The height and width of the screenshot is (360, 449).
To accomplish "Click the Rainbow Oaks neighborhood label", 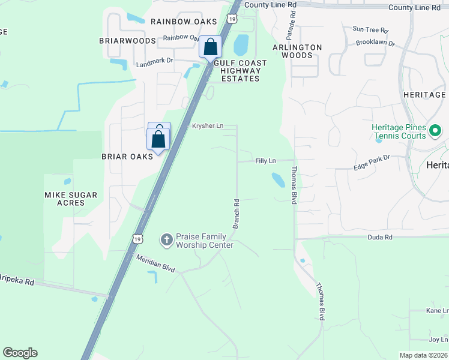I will click(183, 22).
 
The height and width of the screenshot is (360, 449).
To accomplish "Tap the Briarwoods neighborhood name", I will click(127, 41).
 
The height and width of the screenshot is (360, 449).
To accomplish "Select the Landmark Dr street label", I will click(154, 61).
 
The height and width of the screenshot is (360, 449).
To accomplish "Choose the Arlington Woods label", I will click(297, 51).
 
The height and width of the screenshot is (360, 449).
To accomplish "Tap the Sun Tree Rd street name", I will click(370, 29).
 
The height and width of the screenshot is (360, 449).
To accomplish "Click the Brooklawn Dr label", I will click(375, 43).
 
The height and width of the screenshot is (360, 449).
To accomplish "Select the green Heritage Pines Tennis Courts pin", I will click(436, 130).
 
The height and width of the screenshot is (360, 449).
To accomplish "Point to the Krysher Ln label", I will click(208, 126).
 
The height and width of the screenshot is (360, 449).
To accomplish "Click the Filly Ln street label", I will click(265, 161).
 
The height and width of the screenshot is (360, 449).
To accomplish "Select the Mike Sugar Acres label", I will click(72, 199).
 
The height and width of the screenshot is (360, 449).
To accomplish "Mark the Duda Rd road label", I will click(380, 238).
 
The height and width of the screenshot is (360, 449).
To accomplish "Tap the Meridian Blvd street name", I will click(155, 263).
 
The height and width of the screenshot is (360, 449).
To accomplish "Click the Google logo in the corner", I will click(20, 353).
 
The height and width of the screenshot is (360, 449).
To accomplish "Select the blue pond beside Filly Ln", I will click(278, 179).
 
